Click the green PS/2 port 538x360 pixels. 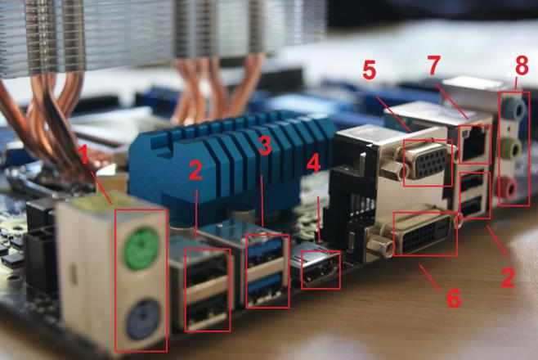point(140,243)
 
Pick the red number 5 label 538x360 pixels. point(370,71)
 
